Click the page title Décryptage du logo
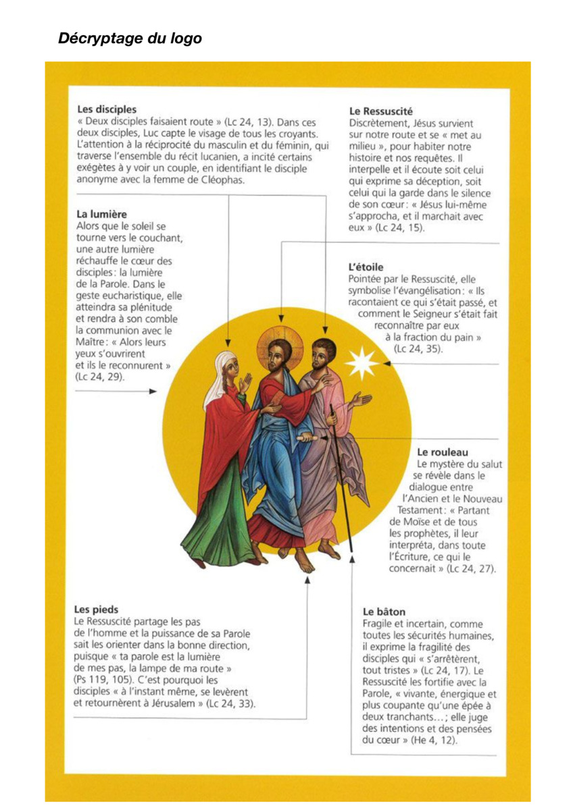130,38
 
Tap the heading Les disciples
106,109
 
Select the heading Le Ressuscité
380,111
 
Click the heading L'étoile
366,267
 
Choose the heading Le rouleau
443,452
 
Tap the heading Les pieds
98,609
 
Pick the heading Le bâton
384,612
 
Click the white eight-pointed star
362,362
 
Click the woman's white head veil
218,381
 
